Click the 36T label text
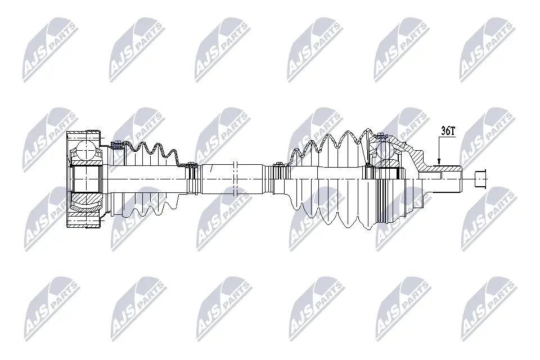(x=448, y=132)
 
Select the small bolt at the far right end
(x=479, y=178)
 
